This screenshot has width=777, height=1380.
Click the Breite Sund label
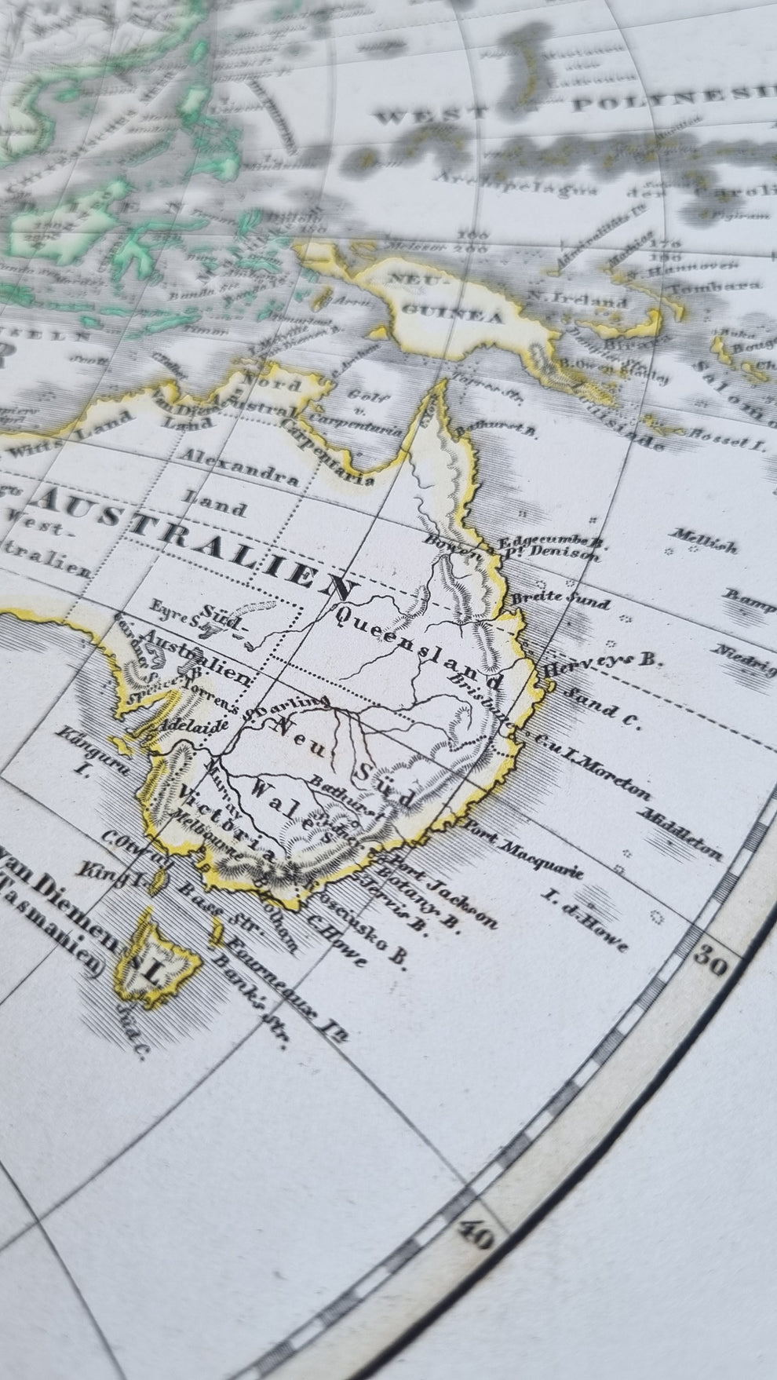pos(571,600)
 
